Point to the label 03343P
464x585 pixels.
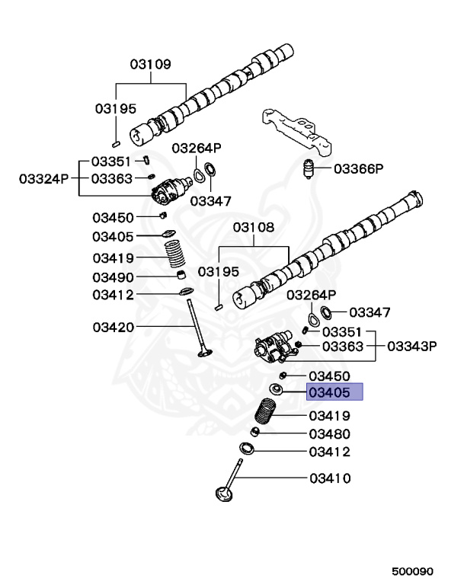[411, 346]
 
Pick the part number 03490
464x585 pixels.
[114, 277]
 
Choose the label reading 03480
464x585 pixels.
[329, 433]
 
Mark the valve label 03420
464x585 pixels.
[114, 328]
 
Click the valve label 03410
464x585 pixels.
[329, 478]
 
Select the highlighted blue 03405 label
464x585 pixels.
[334, 393]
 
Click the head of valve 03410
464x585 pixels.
[224, 497]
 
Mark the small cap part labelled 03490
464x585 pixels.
[181, 274]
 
